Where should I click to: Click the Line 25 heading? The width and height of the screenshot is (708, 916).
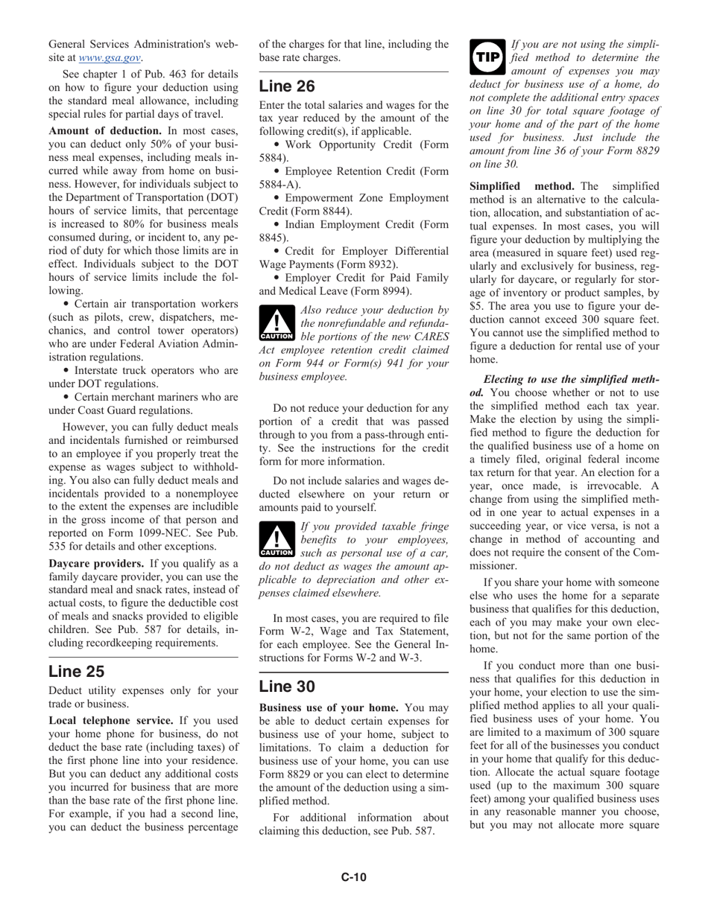(x=76, y=671)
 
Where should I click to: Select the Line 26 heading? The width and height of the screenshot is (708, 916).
(x=287, y=86)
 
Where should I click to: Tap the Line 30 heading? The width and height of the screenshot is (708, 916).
(x=287, y=686)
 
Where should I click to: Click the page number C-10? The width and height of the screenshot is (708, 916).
(x=354, y=877)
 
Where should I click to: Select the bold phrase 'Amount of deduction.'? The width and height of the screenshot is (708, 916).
(x=105, y=130)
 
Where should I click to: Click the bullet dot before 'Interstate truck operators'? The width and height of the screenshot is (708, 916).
(x=68, y=370)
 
